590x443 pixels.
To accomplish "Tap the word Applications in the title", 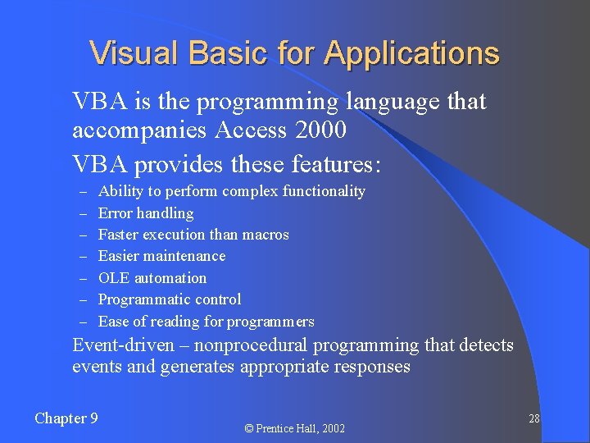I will (411, 53).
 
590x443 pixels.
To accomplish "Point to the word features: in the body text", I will (336, 165).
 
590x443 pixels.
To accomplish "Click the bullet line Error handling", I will (146, 213).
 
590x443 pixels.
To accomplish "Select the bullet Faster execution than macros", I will (193, 235).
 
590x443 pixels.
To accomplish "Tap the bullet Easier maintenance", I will (161, 256).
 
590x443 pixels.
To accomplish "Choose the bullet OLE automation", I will (152, 278).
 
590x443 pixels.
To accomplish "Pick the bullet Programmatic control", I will (170, 299).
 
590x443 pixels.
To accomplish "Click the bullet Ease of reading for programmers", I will (206, 322).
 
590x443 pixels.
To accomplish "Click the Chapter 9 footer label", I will (66, 418).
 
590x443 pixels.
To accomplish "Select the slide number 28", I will (533, 418).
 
